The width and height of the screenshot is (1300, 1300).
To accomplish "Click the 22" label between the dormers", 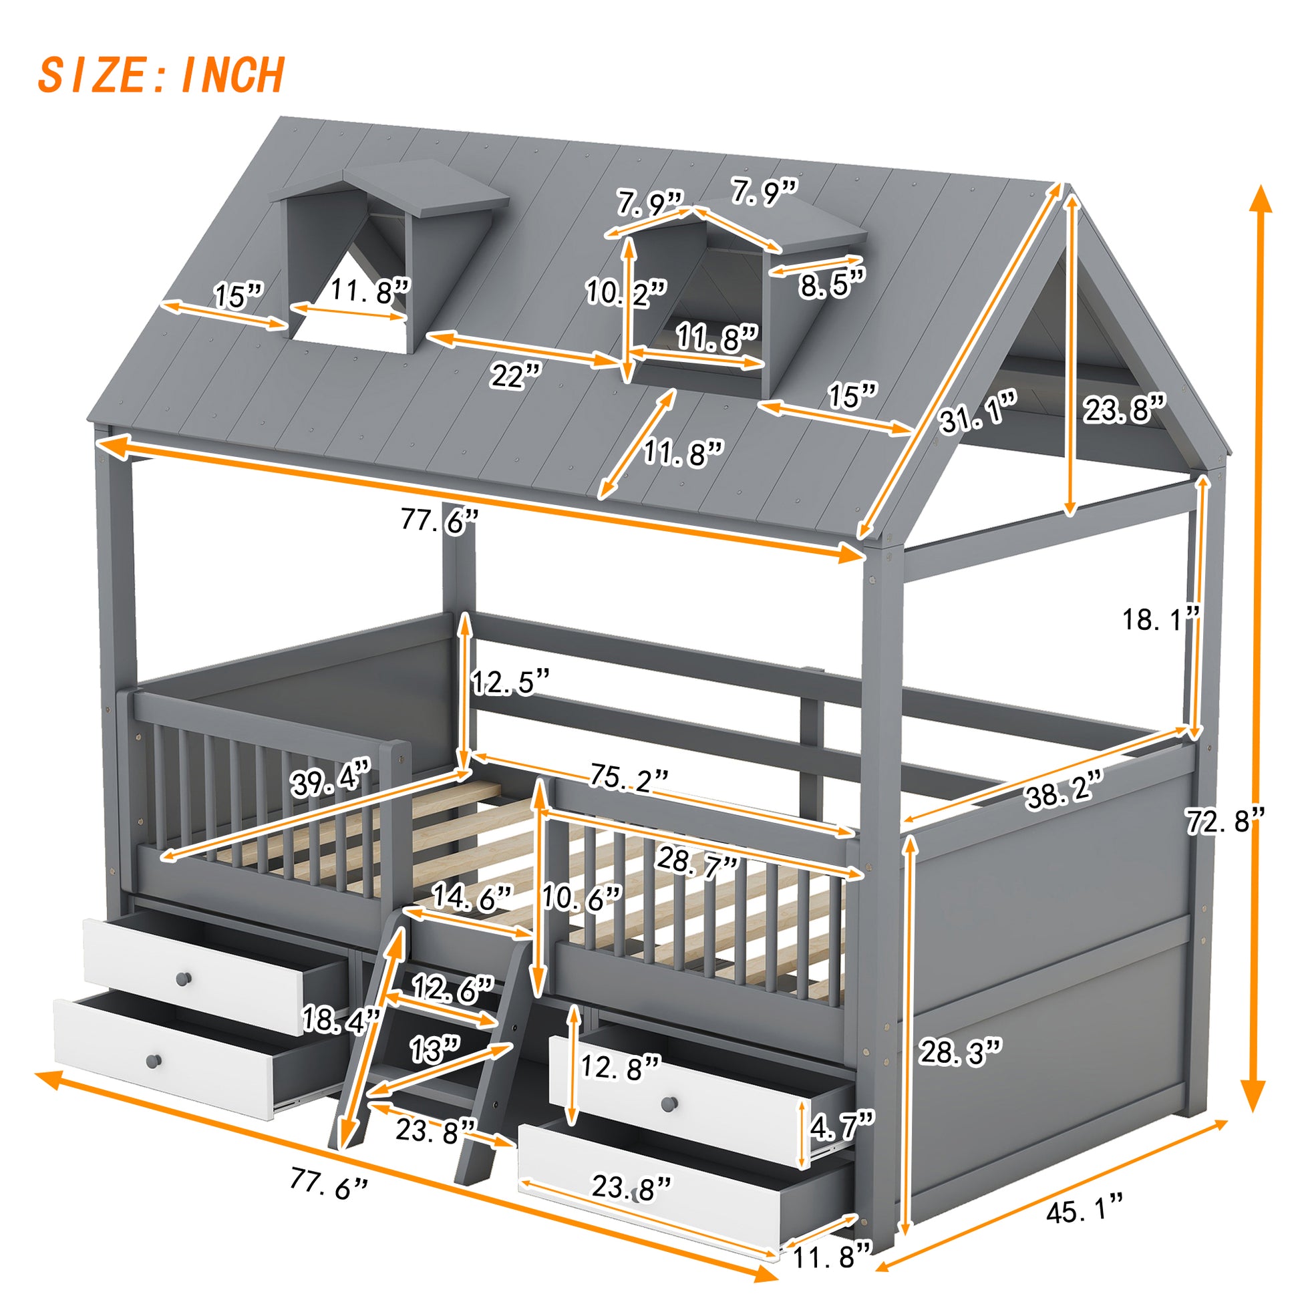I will pos(516,375).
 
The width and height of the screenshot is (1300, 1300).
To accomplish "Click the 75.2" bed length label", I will pos(629,776).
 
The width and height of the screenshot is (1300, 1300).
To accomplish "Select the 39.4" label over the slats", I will pos(331,783).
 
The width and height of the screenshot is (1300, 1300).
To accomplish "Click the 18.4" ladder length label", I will pos(341,1019).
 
